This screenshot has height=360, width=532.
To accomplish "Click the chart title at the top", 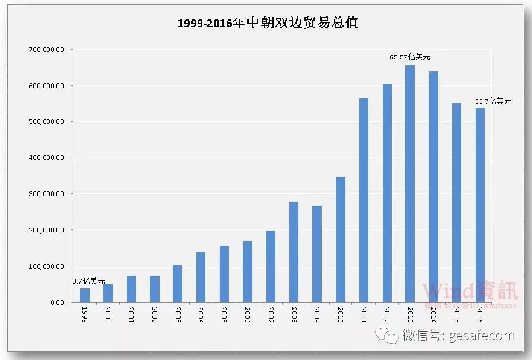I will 268,23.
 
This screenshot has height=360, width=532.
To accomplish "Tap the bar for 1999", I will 85,295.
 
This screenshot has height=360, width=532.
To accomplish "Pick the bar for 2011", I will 364,200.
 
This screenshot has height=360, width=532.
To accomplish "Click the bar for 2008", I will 294,252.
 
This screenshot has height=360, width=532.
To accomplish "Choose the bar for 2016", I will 480,205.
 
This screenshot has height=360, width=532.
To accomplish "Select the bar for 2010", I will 340,239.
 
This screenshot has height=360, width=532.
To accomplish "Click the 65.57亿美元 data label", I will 410,57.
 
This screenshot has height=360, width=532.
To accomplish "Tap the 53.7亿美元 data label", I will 493,101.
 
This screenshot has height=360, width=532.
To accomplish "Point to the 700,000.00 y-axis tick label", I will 47,50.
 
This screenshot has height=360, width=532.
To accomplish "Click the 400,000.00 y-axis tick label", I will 47,158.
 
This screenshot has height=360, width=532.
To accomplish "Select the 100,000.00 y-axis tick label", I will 47,266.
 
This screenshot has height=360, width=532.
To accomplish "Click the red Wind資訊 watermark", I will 470,291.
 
